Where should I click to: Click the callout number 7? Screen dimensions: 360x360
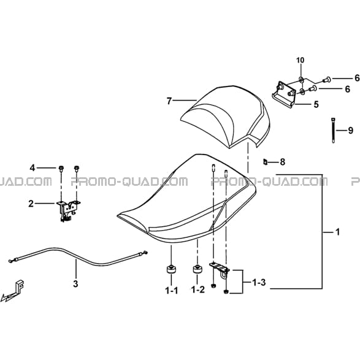click(x=169, y=101)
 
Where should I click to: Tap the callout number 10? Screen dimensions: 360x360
click(x=301, y=60)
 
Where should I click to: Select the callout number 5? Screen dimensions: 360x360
click(x=316, y=104)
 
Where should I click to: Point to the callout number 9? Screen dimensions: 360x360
click(x=350, y=131)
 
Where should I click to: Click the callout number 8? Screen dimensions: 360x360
click(x=282, y=162)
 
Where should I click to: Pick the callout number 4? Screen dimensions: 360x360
click(x=33, y=168)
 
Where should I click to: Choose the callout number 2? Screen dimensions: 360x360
click(x=31, y=204)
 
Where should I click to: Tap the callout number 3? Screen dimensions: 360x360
click(x=75, y=284)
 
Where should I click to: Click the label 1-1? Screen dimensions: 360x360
click(x=171, y=291)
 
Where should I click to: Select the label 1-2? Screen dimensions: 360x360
click(x=198, y=289)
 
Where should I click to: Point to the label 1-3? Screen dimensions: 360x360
click(x=259, y=282)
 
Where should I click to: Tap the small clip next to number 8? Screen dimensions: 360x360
click(x=265, y=162)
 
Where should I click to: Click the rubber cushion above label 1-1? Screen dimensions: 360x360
click(x=171, y=269)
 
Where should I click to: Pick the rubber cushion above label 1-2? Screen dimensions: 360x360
click(x=197, y=269)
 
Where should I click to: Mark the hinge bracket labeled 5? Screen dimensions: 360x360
click(x=284, y=95)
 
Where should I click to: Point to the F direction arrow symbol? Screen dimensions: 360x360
click(x=13, y=291)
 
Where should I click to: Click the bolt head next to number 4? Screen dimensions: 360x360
click(x=61, y=169)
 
